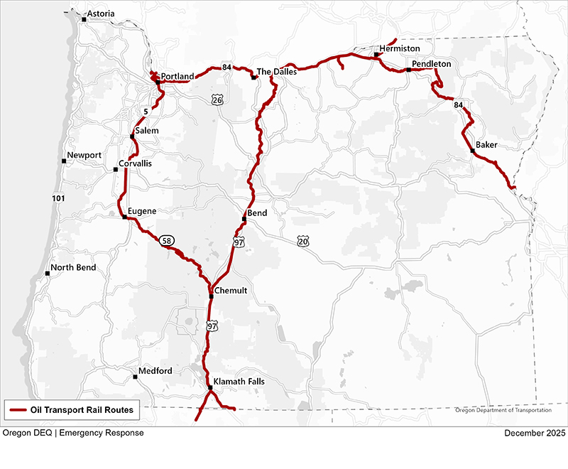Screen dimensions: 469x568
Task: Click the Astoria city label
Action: pos(100,14)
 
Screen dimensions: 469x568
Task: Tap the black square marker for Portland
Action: pos(158,82)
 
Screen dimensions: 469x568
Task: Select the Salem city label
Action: pos(147,131)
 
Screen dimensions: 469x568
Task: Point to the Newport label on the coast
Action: pos(84,156)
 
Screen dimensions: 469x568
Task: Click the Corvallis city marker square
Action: pos(116,169)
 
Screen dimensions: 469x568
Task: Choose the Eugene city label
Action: pos(142,212)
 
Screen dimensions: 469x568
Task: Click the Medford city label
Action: pos(155,371)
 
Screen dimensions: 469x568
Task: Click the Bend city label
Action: pos(257,213)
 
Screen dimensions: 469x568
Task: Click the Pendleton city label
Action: pos(432,64)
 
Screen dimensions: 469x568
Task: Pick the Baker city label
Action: pos(486,145)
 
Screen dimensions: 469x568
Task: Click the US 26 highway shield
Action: pos(217,101)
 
